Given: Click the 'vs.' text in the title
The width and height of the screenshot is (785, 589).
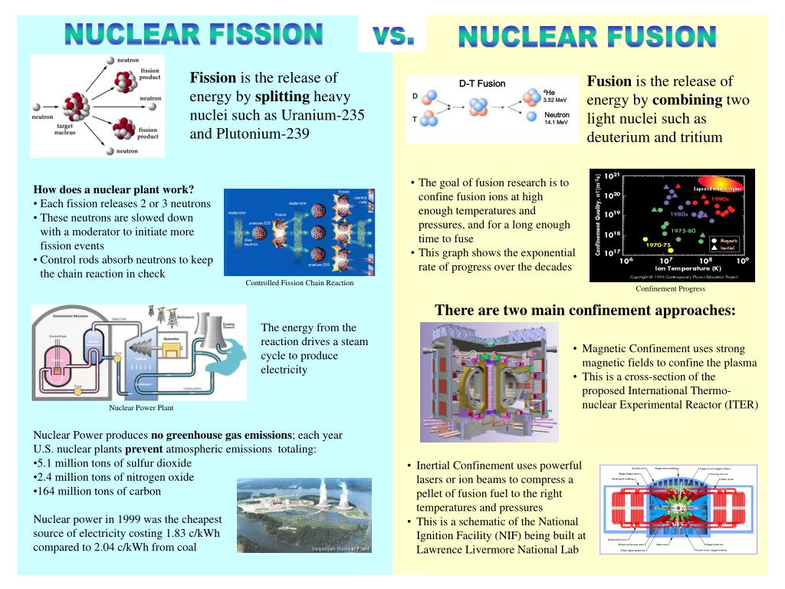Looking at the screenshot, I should [x=392, y=35].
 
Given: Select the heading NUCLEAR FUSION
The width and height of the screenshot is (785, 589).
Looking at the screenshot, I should [x=587, y=36].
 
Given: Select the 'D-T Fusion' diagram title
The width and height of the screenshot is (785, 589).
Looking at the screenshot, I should [x=481, y=84].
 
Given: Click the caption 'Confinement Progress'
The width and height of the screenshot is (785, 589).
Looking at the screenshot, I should [x=670, y=289].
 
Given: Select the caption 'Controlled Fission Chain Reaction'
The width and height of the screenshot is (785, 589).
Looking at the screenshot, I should [x=299, y=283].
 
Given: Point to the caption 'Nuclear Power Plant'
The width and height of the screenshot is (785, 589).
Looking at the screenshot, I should [x=141, y=408].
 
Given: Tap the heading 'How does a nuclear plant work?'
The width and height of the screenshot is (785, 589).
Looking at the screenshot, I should [x=113, y=190].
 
